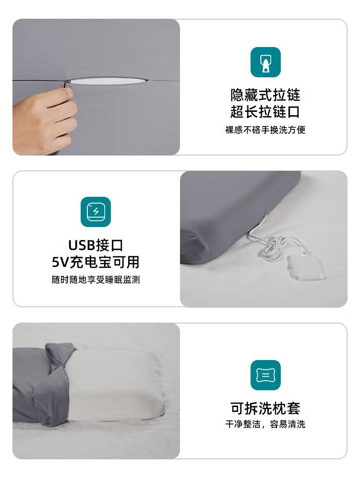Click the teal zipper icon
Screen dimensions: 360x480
265,62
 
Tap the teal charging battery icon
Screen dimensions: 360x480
96,212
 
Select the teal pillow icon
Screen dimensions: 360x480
265,375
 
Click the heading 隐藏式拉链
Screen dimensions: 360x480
265,95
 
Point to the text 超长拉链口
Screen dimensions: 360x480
265,112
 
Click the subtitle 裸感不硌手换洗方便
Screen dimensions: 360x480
265,130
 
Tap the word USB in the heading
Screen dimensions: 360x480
82,245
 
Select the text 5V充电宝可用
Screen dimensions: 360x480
96,262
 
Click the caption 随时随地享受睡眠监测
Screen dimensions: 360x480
96,279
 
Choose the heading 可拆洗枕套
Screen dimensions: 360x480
265,408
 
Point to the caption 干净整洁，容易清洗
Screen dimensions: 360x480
265,424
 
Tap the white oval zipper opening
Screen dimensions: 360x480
107,81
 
